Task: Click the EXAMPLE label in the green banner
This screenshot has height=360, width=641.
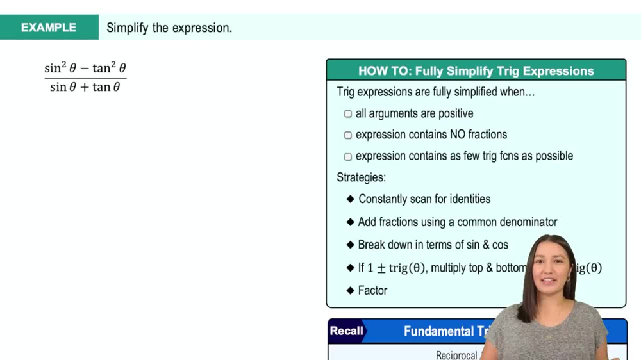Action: point(49,28)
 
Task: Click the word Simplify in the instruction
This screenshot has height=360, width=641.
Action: point(126,28)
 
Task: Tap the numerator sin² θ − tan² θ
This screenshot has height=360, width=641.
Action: point(85,68)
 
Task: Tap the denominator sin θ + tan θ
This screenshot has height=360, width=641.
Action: point(85,87)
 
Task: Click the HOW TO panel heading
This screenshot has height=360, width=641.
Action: point(476,71)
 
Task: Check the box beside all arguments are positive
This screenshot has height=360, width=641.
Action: point(348,114)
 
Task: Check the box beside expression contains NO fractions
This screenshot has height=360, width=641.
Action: point(348,135)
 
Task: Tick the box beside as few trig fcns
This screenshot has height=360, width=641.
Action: point(348,156)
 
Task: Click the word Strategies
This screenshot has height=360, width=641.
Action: point(361,177)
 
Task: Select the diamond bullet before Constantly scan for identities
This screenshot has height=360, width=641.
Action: point(351,199)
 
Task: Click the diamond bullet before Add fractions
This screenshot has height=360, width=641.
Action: point(351,222)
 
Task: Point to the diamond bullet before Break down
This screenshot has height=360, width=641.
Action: point(351,245)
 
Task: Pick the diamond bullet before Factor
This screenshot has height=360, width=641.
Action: point(351,290)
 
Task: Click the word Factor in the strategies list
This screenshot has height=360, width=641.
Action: point(372,290)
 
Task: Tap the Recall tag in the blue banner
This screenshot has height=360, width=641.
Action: point(346,331)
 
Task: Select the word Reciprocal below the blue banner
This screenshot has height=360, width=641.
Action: point(456,355)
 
